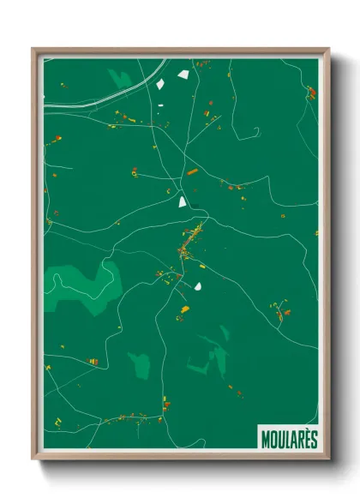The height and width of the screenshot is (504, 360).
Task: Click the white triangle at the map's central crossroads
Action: click(x=182, y=202)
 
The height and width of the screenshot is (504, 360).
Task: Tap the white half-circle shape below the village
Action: click(x=198, y=286)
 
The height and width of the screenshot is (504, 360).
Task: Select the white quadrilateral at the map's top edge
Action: click(x=183, y=75)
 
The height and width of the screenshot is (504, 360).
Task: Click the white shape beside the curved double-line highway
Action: click(x=162, y=84)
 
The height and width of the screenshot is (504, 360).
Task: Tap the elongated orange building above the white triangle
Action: click(x=192, y=172)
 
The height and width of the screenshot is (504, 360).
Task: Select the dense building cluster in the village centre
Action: click(x=190, y=240)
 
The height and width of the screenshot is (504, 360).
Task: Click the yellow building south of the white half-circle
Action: click(x=184, y=309)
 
